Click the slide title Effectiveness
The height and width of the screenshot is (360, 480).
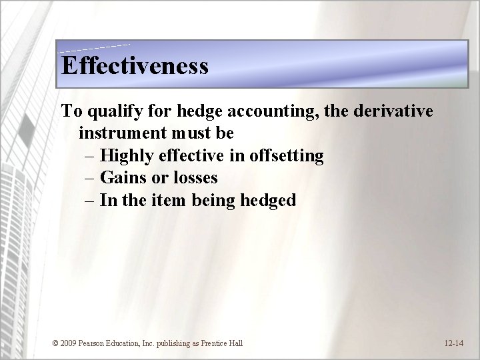pos(135,65)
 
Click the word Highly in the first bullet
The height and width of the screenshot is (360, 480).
pos(129,156)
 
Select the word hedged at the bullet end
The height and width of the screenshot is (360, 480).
pos(266,200)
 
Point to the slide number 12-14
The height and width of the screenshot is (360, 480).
pos(454,343)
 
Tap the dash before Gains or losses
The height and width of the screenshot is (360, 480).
pos(91,178)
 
